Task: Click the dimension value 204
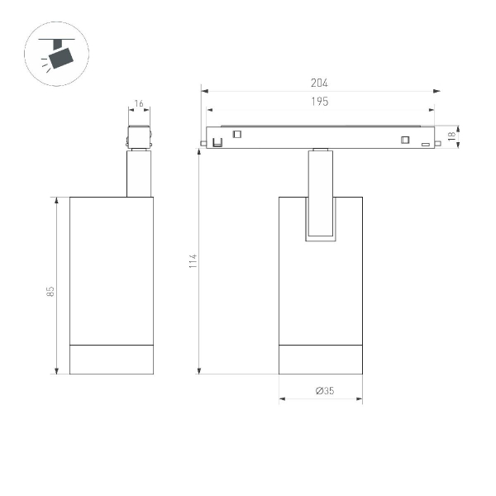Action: tap(320, 83)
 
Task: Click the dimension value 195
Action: tap(320, 102)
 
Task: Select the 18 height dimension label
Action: tap(451, 136)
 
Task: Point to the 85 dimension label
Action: tap(51, 291)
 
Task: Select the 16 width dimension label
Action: tap(138, 104)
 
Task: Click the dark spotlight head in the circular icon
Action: tap(60, 57)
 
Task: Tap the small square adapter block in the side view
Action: tap(138, 137)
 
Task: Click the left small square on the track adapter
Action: tap(236, 135)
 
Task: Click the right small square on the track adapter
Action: tap(405, 139)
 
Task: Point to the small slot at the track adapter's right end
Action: tap(425, 145)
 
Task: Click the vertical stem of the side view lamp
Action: tap(138, 174)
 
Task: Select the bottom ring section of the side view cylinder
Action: tap(111, 359)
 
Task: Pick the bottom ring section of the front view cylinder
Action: tap(321, 359)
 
